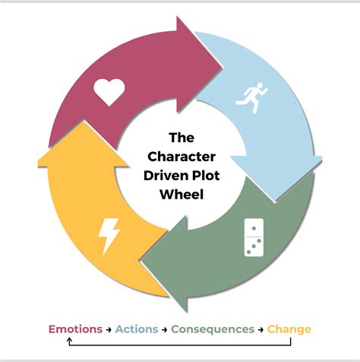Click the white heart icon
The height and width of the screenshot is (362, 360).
pyautogui.click(x=109, y=92)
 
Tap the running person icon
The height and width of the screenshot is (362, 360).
pyautogui.click(x=251, y=97)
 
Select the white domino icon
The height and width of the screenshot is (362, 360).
pyautogui.click(x=254, y=237)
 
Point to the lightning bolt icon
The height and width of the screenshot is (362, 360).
pyautogui.click(x=109, y=237)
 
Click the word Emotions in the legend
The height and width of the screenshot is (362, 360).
pyautogui.click(x=75, y=329)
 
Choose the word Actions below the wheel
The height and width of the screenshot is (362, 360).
pyautogui.click(x=137, y=329)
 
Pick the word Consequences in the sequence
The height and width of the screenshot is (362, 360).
pyautogui.click(x=213, y=329)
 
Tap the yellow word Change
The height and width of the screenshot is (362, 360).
pyautogui.click(x=289, y=330)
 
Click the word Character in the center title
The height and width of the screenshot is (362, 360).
pyautogui.click(x=182, y=157)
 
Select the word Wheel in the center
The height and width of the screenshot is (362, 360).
pyautogui.click(x=182, y=195)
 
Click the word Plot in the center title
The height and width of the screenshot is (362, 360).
pyautogui.click(x=206, y=176)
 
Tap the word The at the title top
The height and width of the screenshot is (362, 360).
pyautogui.click(x=182, y=138)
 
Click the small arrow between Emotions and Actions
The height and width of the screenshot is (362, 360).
pyautogui.click(x=109, y=329)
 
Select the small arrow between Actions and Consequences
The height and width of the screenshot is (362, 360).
pyautogui.click(x=165, y=329)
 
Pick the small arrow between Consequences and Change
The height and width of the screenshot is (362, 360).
pyautogui.click(x=261, y=329)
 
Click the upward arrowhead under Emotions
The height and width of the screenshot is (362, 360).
pyautogui.click(x=70, y=340)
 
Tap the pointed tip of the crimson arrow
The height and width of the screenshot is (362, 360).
pyautogui.click(x=223, y=68)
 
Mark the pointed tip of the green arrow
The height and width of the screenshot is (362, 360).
pyautogui.click(x=141, y=261)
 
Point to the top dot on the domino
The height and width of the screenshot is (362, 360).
pyautogui.click(x=254, y=228)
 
